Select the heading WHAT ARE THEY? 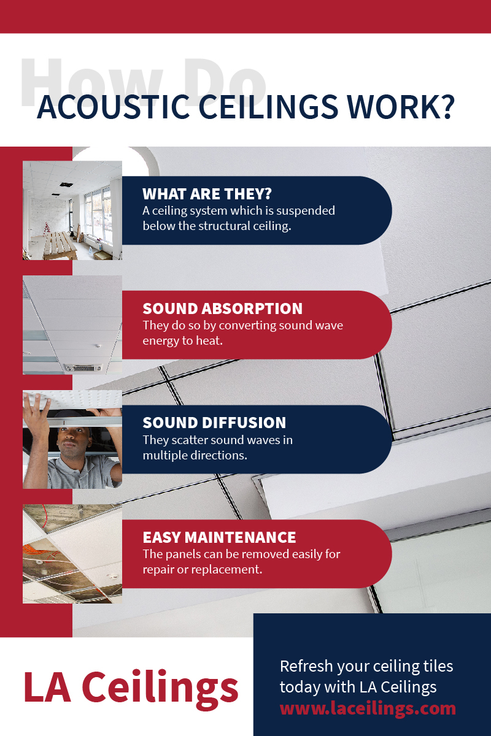coord(207,194)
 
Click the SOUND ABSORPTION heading coord(223,309)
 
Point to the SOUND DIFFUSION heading coord(214,423)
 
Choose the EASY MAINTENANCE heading coord(219,537)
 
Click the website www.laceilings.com coord(368,709)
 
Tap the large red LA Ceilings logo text coord(131,687)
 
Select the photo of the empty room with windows coord(72,210)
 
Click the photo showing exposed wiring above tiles coord(72,554)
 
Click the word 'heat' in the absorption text coord(209,340)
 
